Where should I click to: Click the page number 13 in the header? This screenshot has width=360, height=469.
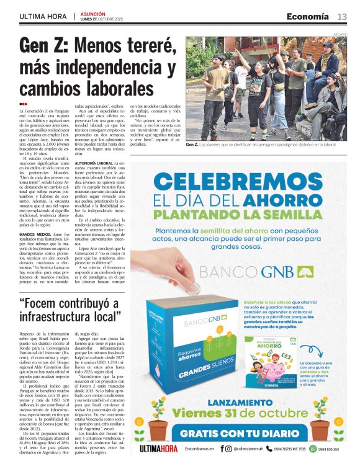tap(342, 16)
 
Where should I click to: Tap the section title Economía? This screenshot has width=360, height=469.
tap(308, 16)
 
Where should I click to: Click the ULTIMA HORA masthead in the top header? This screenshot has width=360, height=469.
tap(43, 17)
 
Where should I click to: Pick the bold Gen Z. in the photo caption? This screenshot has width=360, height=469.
tap(192, 145)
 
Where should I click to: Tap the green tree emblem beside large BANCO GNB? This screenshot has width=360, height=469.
tap(306, 272)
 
